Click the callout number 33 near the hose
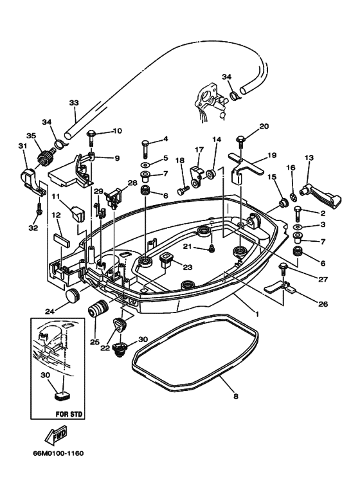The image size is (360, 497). tap(73, 102)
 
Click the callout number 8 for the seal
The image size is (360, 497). tap(235, 397)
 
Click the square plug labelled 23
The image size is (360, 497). tap(166, 260)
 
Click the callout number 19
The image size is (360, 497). tap(272, 155)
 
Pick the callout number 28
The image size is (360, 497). tap(132, 184)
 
